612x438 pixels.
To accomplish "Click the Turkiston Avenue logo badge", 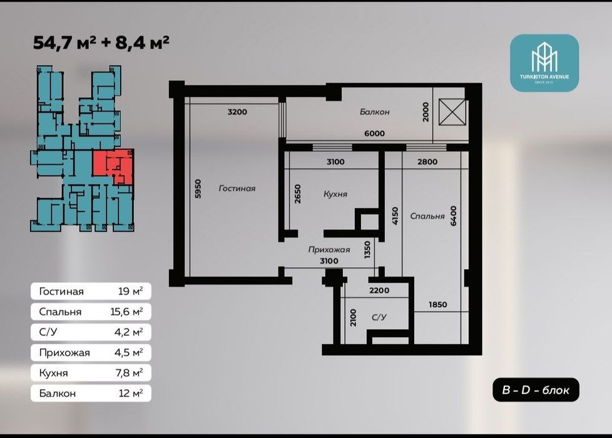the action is [544, 63].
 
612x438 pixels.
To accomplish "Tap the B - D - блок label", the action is [536, 390].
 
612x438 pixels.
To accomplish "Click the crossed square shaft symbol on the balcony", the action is [452, 113].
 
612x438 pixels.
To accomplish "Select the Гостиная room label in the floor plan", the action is [237, 188].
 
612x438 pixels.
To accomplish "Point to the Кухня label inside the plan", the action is [335, 194].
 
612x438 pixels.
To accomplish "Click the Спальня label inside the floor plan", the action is [427, 216].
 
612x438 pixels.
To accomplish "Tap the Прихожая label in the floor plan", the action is [329, 250].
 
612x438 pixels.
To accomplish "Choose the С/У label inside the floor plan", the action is [379, 317].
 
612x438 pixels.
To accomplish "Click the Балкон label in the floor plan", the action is [375, 112].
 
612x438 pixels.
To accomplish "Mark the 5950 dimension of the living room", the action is [198, 189].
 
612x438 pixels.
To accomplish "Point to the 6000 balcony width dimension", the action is [374, 133].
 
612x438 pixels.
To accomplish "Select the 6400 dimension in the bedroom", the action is [453, 216].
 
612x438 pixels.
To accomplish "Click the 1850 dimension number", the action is [438, 305].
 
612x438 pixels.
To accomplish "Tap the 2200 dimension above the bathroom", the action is [379, 290].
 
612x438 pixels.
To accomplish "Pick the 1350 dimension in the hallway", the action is [367, 250].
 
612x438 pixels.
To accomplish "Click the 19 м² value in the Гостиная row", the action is [130, 291].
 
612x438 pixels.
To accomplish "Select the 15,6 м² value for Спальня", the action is [126, 312].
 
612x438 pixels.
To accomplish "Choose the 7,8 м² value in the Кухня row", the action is [129, 373].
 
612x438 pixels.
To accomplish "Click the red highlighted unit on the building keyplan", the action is [113, 166].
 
